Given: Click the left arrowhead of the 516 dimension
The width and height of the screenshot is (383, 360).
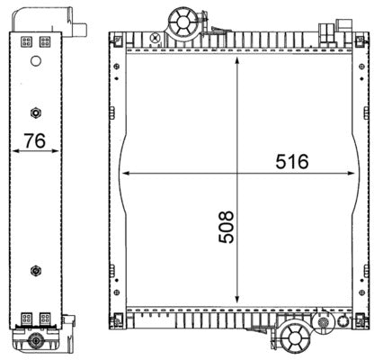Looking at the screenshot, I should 125,171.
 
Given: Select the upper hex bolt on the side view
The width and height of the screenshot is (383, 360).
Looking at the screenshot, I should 35,112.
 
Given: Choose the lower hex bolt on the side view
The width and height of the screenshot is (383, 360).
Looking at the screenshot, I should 35,269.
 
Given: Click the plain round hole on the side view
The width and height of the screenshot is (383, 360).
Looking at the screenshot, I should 35,62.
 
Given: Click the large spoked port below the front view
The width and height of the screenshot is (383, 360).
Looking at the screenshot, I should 294,337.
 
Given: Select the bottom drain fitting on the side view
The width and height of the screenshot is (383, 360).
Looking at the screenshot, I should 35,341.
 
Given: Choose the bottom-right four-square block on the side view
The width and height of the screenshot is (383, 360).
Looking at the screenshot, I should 45,318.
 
